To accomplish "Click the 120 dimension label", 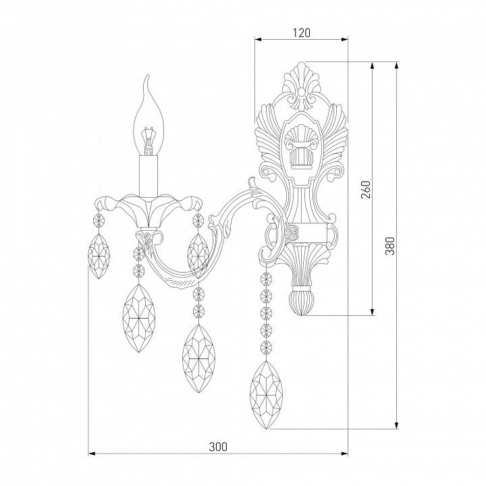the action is pyautogui.click(x=301, y=32).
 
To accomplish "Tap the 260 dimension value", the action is pyautogui.click(x=366, y=190).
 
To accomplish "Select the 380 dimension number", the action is pyautogui.click(x=390, y=246).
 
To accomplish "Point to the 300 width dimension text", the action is pyautogui.click(x=218, y=447).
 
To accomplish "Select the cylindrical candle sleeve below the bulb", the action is pyautogui.click(x=148, y=175).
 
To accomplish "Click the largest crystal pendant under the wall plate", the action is pyautogui.click(x=266, y=395).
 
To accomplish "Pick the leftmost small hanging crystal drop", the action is pyautogui.click(x=99, y=256).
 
